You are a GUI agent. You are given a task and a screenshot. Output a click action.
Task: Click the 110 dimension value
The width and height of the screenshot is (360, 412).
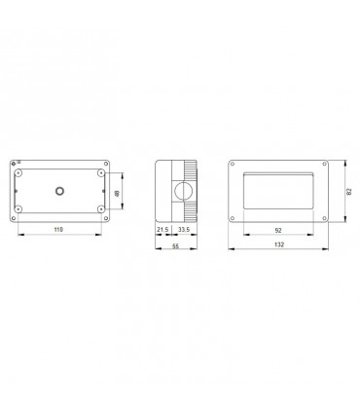[58, 230]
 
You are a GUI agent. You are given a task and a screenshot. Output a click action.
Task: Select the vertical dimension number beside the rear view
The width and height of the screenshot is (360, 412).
[117, 193]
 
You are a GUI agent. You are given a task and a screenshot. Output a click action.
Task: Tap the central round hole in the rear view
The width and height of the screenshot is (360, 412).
[59, 191]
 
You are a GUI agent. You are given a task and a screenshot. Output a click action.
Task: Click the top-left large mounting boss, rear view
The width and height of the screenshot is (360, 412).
[18, 173]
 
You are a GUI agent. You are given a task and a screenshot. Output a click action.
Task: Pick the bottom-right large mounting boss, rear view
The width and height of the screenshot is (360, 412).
[101, 208]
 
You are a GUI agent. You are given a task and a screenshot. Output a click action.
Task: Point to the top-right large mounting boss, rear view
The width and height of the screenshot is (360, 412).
[101, 173]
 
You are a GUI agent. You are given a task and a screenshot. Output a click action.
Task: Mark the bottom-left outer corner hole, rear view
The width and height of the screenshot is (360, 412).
[14, 218]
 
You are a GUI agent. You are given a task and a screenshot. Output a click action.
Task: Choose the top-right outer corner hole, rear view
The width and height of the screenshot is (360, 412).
[106, 164]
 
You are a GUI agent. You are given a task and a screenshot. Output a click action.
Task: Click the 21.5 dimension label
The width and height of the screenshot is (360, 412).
[162, 230]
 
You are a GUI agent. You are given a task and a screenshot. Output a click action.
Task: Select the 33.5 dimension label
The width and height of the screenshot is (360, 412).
[184, 230]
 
